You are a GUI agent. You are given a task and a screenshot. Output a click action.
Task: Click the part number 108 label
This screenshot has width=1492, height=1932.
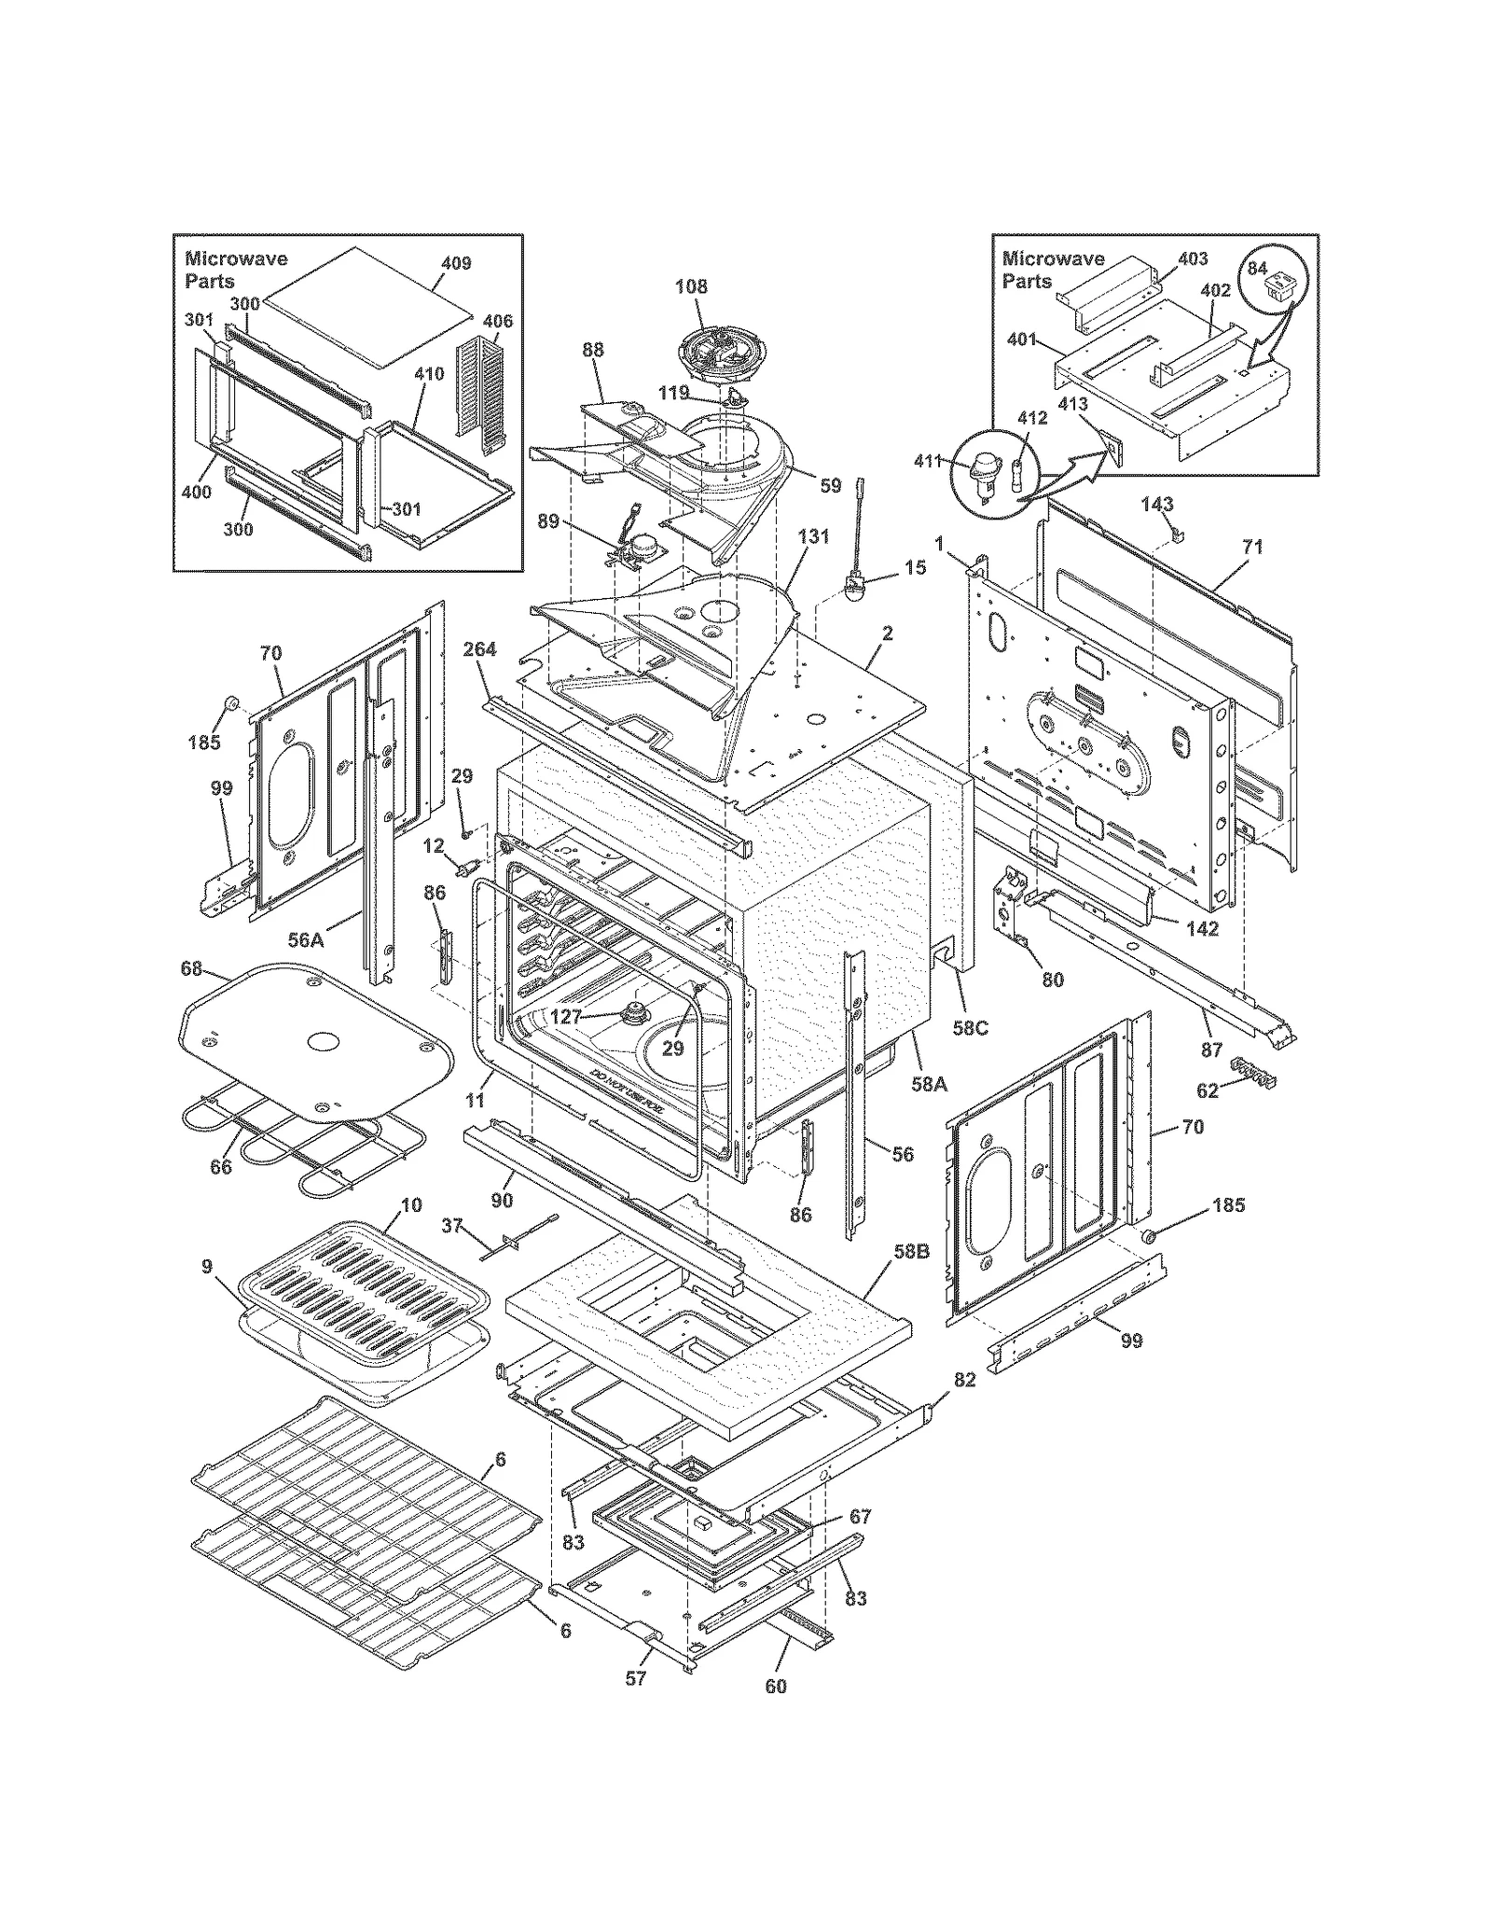tap(691, 286)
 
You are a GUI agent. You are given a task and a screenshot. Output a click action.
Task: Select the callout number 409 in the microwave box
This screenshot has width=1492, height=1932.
tap(456, 263)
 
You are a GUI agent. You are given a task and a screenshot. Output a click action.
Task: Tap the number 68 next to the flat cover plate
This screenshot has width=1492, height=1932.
tap(191, 969)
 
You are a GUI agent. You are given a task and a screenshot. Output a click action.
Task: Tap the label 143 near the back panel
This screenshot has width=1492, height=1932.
tap(1156, 504)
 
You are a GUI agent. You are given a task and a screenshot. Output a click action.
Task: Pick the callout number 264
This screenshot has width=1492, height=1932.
tap(479, 649)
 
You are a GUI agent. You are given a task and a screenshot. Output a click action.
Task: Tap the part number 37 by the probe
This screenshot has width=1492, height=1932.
tap(452, 1225)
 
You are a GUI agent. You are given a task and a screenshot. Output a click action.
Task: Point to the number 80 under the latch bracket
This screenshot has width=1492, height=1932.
tap(1052, 980)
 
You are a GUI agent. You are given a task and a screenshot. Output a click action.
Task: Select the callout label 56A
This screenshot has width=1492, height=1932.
tap(305, 940)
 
